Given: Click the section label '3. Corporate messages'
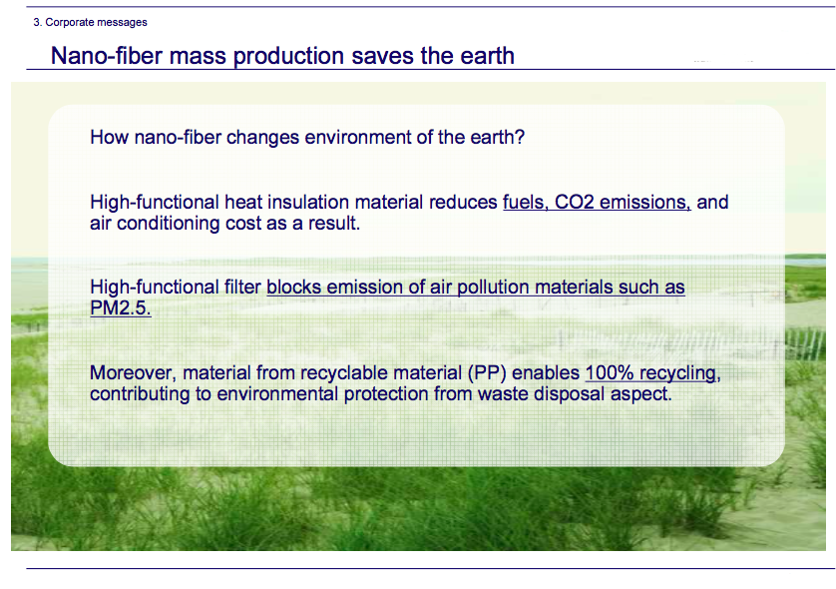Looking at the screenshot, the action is click(90, 22).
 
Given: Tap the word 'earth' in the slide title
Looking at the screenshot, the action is click(487, 56).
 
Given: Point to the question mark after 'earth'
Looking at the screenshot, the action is click(520, 137).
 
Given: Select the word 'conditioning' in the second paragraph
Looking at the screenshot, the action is click(168, 224).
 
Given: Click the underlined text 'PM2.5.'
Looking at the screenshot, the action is click(121, 307).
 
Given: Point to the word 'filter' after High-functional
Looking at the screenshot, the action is click(242, 288).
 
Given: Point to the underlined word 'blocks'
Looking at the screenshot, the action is click(293, 288).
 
